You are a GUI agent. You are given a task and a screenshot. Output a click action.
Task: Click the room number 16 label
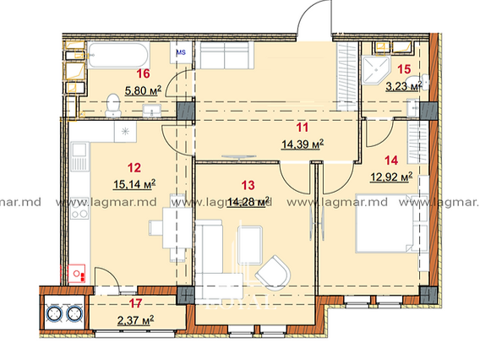pyautogui.click(x=144, y=74)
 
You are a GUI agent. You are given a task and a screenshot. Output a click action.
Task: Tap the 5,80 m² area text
pyautogui.click(x=143, y=90)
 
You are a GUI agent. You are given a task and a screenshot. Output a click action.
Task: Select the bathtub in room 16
pyautogui.click(x=118, y=56)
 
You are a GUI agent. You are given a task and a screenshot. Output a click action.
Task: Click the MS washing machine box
pyautogui.click(x=181, y=52)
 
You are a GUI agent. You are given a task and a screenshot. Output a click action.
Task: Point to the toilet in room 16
pyautogui.click(x=112, y=105)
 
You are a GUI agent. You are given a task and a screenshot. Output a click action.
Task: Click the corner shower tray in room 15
pyautogui.click(x=374, y=70)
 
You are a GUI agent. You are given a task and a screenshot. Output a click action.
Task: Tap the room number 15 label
pyautogui.click(x=404, y=69)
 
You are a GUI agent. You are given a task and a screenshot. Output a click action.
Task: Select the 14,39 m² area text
pyautogui.click(x=303, y=144)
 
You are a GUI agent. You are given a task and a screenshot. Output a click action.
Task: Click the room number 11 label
pyautogui.click(x=303, y=128)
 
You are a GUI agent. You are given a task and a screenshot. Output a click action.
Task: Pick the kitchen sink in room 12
pyautogui.click(x=79, y=156)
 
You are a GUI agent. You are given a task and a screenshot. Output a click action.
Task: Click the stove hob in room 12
pyautogui.click(x=79, y=208)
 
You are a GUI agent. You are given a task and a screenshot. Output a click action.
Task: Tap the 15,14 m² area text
pyautogui.click(x=134, y=184)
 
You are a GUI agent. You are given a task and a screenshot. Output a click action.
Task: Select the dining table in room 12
pyautogui.click(x=177, y=228)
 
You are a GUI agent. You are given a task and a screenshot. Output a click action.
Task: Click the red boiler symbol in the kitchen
pyautogui.click(x=76, y=273)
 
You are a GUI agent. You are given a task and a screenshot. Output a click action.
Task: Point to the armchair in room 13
pyautogui.click(x=273, y=273)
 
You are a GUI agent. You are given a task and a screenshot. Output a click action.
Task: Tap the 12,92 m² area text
pyautogui.click(x=391, y=177)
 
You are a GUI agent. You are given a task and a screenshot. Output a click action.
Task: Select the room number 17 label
pyautogui.click(x=135, y=303)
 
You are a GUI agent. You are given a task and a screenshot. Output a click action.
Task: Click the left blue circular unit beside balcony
pyautogui.click(x=54, y=314)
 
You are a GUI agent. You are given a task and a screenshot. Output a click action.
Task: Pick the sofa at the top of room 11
pyautogui.click(x=225, y=55)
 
